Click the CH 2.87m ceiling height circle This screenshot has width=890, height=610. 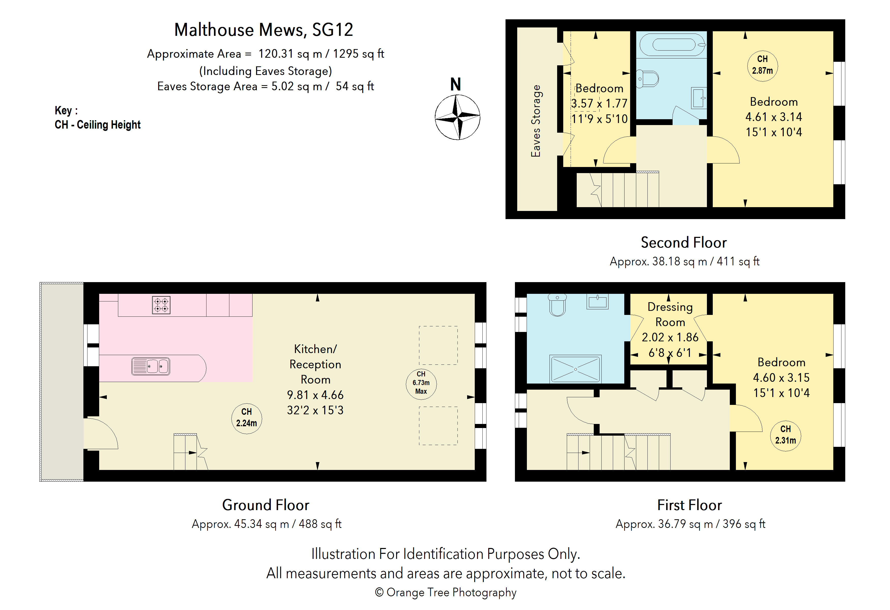click(762, 65)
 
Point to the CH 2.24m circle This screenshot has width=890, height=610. click(247, 418)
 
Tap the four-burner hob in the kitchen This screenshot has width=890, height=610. click(161, 305)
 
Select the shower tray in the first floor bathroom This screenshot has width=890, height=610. click(575, 369)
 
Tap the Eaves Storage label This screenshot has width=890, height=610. click(536, 121)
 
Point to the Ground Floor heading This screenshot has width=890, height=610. click(265, 505)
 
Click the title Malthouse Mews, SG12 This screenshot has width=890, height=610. click(263, 30)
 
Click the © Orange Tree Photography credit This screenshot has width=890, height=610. click(446, 592)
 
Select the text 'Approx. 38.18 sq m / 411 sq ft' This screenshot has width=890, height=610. click(684, 261)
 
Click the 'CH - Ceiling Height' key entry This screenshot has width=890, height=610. click(98, 125)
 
